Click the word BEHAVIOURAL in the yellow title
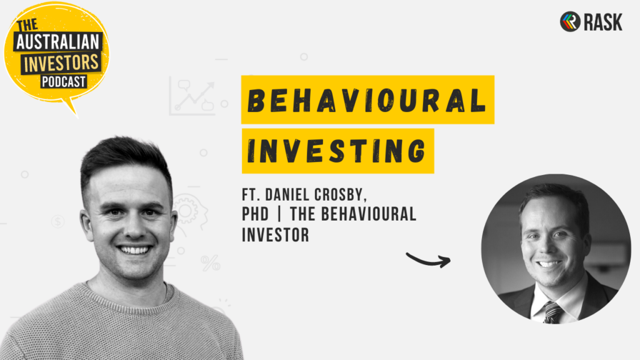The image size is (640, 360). [367, 100]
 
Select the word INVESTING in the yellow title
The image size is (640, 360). [337, 151]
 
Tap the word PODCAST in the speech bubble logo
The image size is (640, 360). [64, 82]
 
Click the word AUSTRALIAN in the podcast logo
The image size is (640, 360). [57, 42]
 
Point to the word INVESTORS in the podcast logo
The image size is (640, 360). [62, 63]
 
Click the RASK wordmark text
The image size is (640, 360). [603, 22]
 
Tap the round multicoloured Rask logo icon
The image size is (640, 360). [570, 22]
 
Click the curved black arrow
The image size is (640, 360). [428, 260]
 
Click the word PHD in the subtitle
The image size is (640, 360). [256, 214]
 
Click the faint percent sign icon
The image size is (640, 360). [211, 263]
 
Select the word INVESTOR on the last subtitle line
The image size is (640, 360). [276, 235]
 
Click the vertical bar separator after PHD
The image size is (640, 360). [279, 214]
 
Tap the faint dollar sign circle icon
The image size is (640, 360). [58, 222]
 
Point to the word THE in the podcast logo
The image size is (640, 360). [27, 25]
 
